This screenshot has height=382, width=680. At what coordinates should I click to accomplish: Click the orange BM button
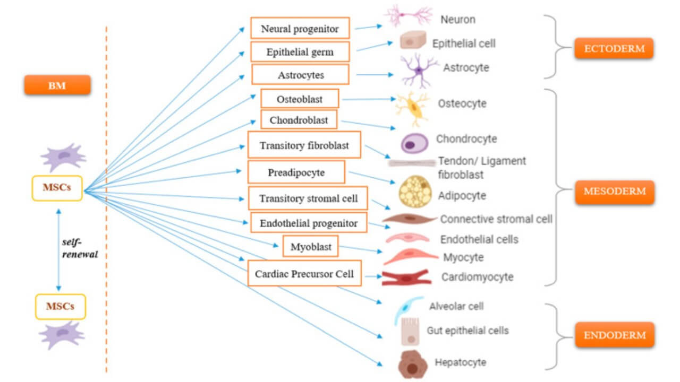click(57, 85)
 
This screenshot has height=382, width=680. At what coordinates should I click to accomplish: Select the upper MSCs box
click(57, 188)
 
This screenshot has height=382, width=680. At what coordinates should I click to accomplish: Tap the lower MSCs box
click(60, 306)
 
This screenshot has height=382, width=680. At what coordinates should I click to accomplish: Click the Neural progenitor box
click(300, 28)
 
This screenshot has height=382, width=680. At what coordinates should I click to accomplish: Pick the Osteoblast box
click(300, 99)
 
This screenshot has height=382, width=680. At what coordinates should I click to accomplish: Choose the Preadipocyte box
click(296, 172)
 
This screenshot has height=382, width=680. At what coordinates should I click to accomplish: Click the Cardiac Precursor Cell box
click(304, 274)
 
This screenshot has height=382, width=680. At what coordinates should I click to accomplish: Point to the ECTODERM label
click(614, 49)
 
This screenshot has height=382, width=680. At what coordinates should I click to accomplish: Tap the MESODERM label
click(614, 192)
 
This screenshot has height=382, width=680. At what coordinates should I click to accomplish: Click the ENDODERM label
click(614, 335)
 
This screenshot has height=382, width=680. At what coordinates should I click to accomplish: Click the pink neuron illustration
click(408, 15)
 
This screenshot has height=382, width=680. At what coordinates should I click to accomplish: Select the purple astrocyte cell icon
click(419, 70)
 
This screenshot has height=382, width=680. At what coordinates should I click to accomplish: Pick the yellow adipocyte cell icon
click(414, 190)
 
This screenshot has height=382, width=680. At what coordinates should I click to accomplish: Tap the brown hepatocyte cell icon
click(412, 363)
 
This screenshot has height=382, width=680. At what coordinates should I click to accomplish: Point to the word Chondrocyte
click(466, 139)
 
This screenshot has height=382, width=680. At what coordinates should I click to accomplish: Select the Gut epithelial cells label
click(467, 331)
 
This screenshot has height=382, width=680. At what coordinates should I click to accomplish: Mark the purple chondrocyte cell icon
click(414, 143)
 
